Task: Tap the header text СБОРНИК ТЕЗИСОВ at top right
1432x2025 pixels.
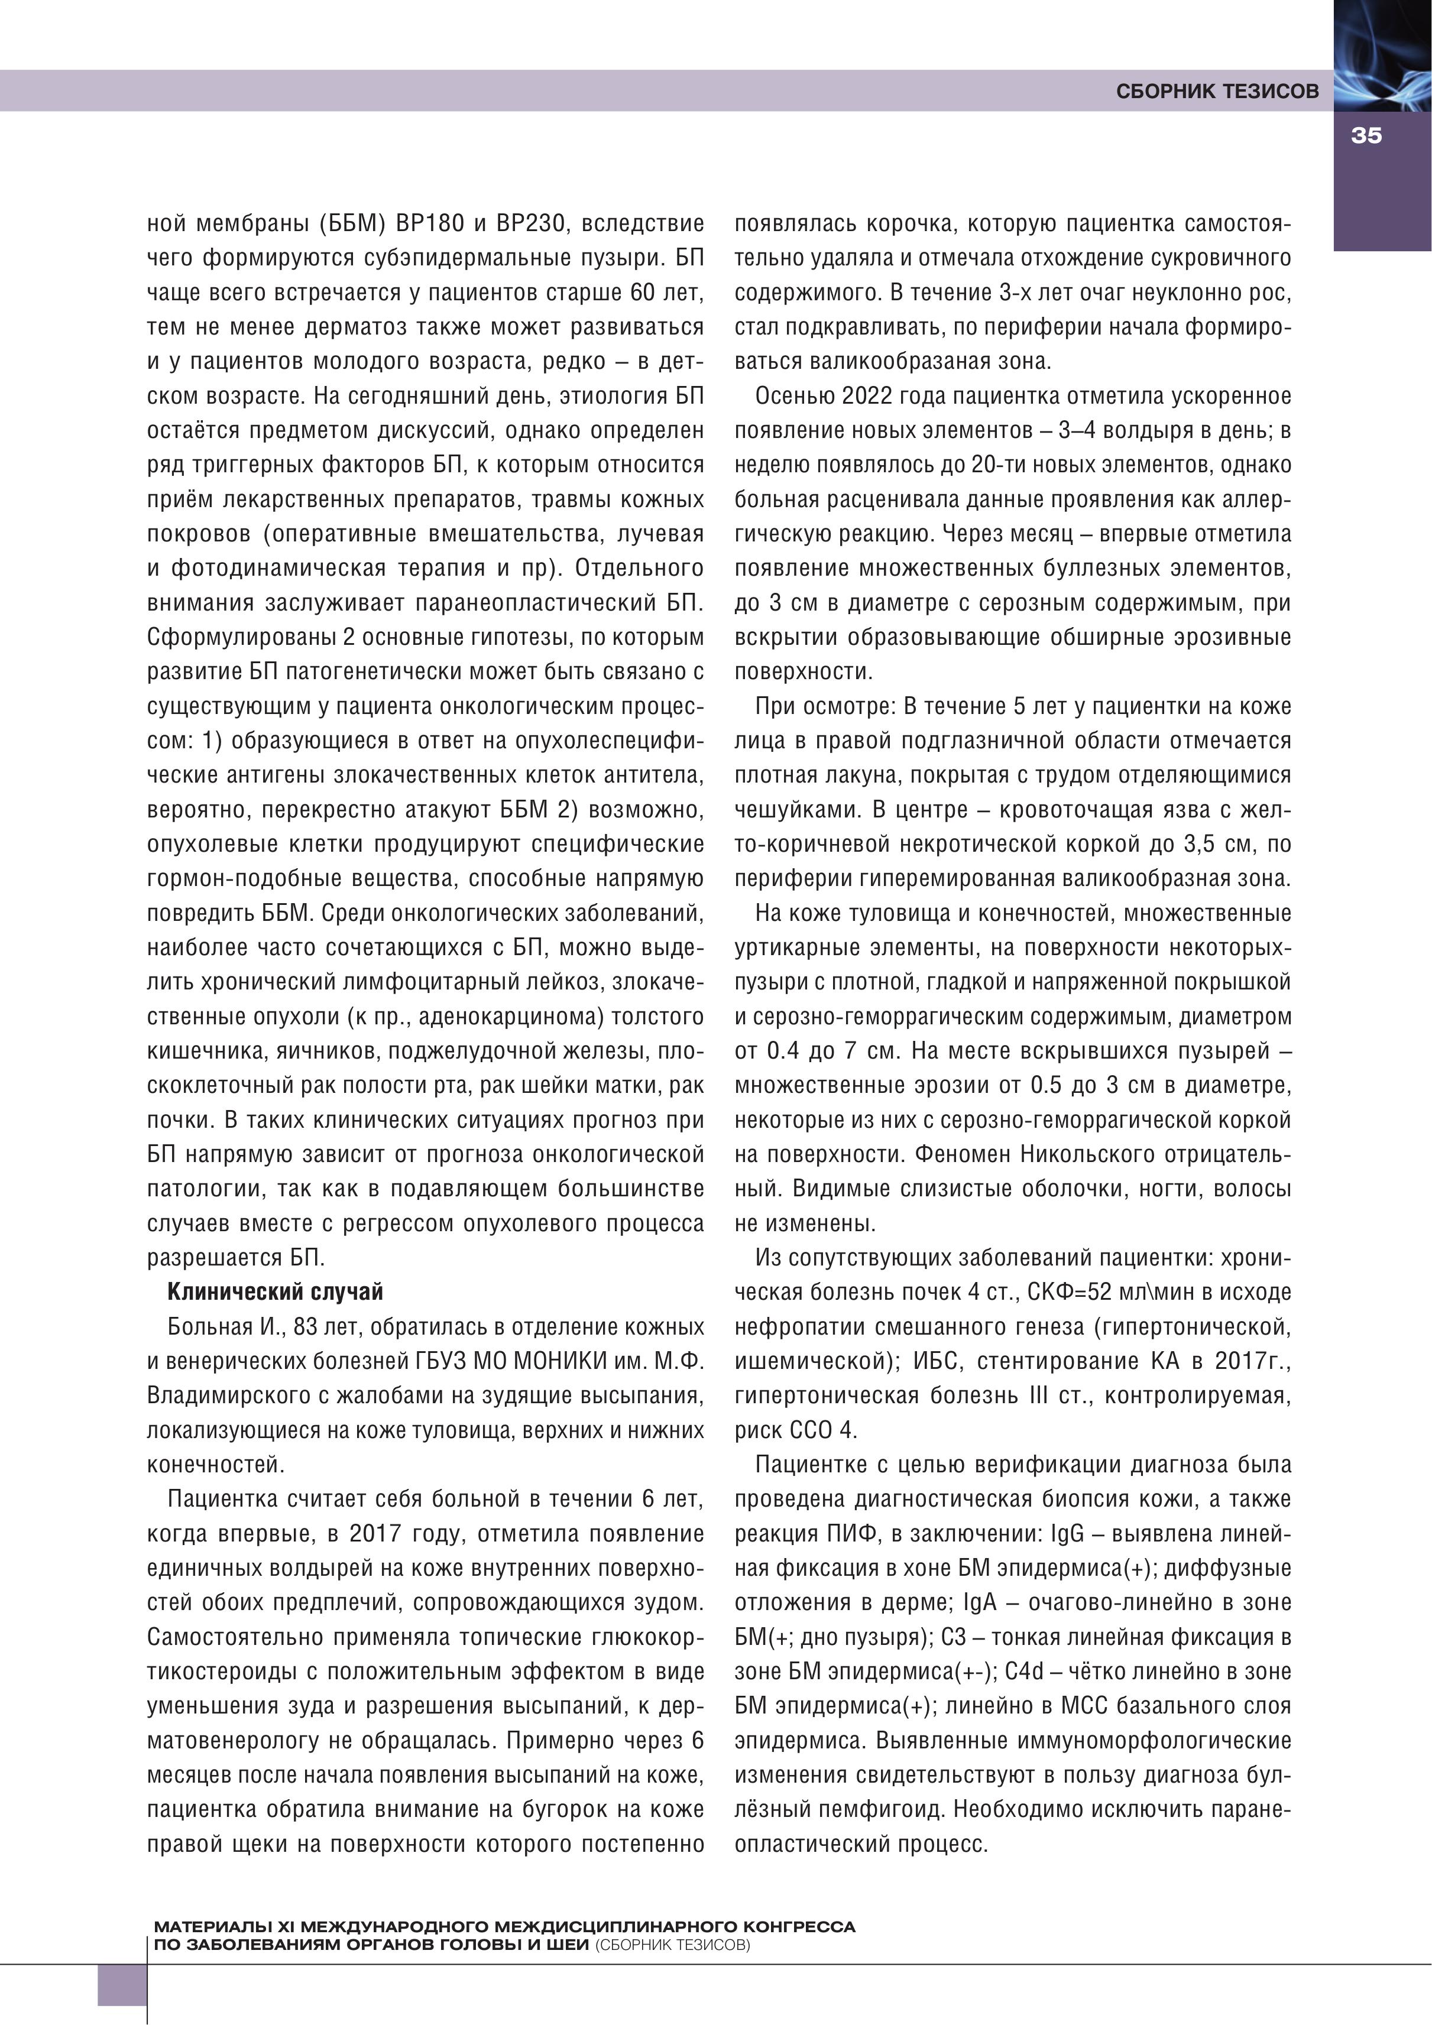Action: click(1217, 92)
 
